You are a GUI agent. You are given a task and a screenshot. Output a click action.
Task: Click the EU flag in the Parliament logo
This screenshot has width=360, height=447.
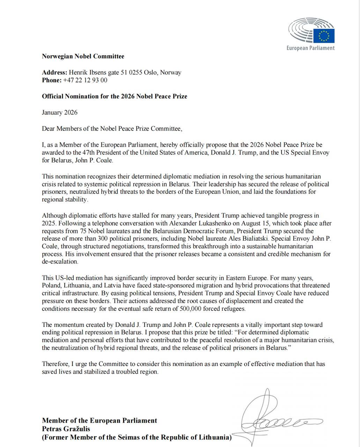[324, 36]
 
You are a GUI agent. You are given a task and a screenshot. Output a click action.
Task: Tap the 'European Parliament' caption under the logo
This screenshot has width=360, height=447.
[310, 48]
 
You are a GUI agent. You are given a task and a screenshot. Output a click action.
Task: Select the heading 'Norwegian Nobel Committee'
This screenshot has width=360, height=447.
[83, 56]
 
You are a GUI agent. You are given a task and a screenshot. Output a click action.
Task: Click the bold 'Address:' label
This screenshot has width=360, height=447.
[54, 73]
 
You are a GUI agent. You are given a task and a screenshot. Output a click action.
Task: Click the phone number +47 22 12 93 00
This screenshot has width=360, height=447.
[85, 80]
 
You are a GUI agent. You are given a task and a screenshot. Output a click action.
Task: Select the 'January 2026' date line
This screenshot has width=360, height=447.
[60, 112]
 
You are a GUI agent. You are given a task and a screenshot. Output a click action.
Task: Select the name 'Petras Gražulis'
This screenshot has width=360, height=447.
[66, 429]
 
